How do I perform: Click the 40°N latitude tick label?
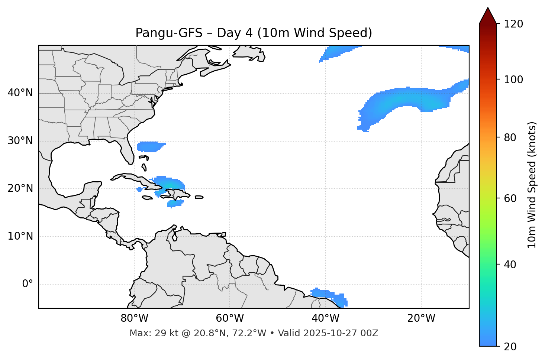point(20,93)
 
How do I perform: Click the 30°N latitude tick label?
point(20,141)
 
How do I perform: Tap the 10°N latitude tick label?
point(20,236)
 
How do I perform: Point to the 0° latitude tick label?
point(28,284)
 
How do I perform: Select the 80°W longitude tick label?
point(134,318)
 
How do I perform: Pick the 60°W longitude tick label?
point(230,318)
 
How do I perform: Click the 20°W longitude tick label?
point(421,318)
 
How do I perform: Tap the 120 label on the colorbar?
point(513,24)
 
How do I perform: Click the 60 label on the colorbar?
point(511,198)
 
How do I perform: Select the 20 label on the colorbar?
point(511,347)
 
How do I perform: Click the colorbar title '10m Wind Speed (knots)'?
point(532,185)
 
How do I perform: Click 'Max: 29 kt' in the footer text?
point(148,333)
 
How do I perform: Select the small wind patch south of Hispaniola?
point(175,204)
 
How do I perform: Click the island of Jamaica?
point(147,198)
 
